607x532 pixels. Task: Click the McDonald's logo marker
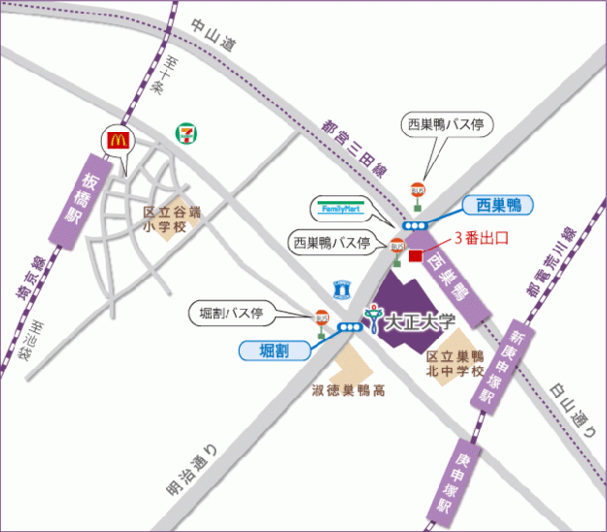pyautogui.click(x=118, y=141)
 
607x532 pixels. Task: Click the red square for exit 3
pyautogui.click(x=417, y=256)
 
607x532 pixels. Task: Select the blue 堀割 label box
pyautogui.click(x=276, y=349)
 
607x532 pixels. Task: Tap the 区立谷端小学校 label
pyautogui.click(x=171, y=219)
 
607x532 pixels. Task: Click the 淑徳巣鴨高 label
pyautogui.click(x=349, y=392)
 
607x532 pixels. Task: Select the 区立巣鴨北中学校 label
pyautogui.click(x=455, y=363)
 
